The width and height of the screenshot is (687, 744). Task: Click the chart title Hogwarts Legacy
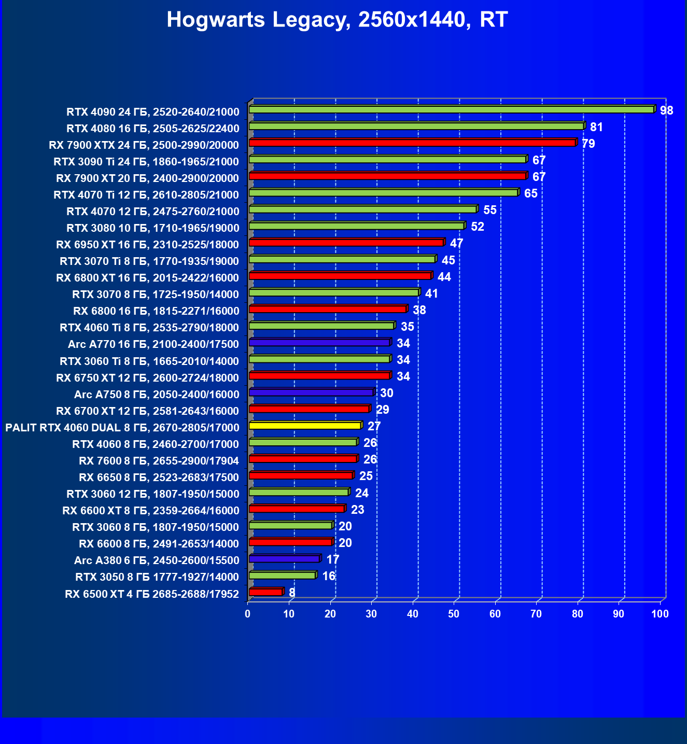tap(337, 20)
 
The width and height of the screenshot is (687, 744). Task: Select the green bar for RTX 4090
tap(451, 109)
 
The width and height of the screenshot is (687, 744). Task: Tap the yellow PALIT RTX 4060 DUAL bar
tap(305, 426)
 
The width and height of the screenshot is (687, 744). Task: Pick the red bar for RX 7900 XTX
tap(412, 143)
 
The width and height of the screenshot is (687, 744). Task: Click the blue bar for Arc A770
tap(319, 342)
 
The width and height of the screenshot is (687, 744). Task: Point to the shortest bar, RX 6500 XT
tap(265, 592)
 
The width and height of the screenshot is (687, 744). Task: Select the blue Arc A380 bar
tap(284, 559)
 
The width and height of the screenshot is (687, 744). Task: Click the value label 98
tap(666, 110)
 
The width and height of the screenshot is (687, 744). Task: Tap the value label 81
tap(596, 127)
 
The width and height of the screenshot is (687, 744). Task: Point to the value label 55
tap(489, 210)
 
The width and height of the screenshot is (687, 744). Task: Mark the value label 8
tap(292, 593)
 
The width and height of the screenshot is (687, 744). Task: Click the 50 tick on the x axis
tap(454, 614)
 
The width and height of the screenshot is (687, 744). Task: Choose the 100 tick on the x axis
tap(660, 614)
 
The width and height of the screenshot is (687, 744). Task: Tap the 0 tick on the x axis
tap(248, 614)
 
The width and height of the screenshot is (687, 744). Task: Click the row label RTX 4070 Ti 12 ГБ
tap(146, 195)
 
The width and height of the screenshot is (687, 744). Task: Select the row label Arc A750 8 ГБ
tap(157, 395)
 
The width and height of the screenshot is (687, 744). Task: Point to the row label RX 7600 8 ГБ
tap(159, 461)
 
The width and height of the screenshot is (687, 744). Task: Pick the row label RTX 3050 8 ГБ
tap(157, 577)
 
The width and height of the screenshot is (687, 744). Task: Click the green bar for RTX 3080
tap(356, 226)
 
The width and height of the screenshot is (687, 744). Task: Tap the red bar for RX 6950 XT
tap(346, 243)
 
